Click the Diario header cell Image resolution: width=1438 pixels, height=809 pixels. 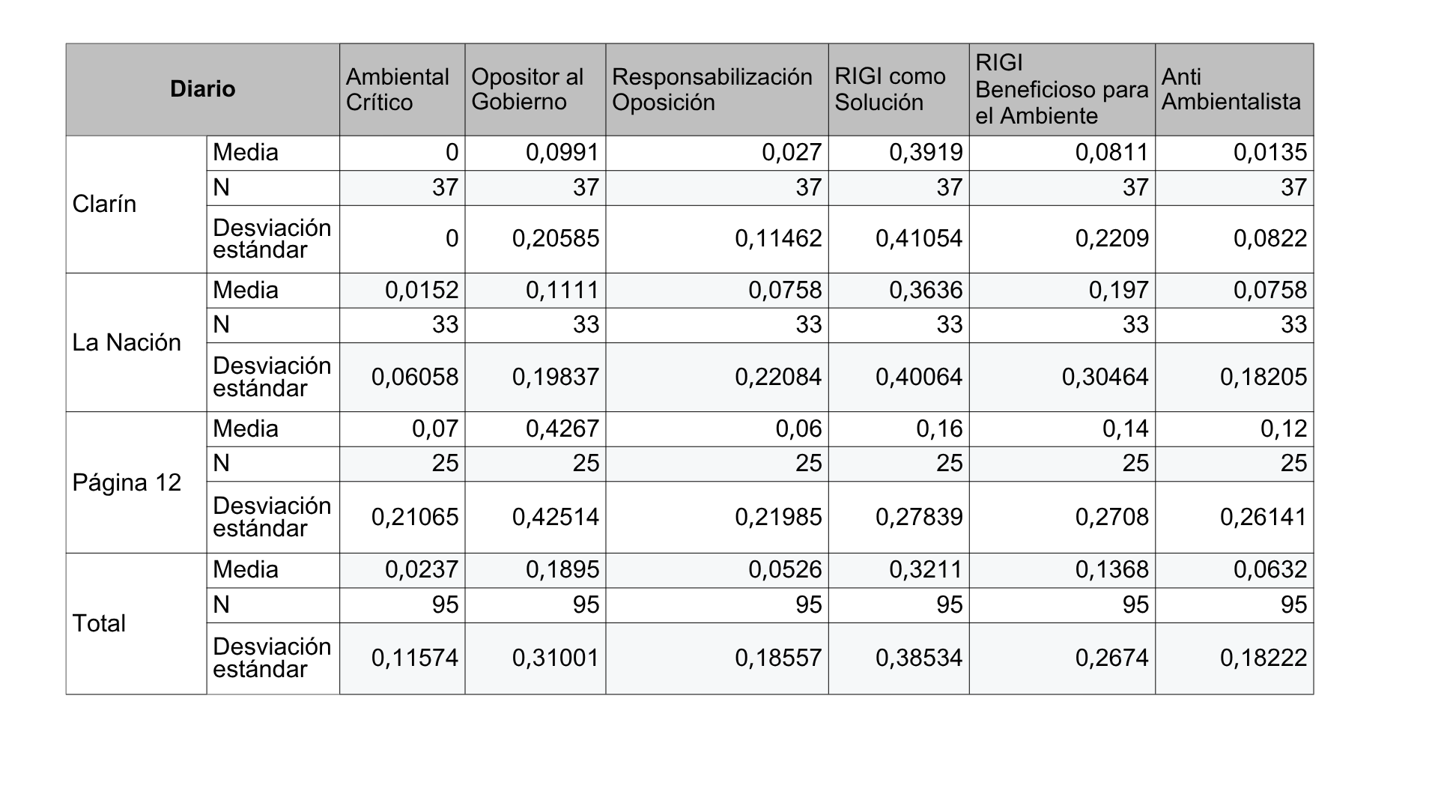tap(202, 89)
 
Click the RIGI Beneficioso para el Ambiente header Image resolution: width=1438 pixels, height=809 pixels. tap(1062, 89)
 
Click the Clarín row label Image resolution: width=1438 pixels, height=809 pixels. tap(104, 204)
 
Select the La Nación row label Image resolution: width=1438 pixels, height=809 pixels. tap(127, 342)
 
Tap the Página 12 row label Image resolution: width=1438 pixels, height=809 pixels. tap(127, 482)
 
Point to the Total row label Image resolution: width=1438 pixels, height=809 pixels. tap(99, 623)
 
